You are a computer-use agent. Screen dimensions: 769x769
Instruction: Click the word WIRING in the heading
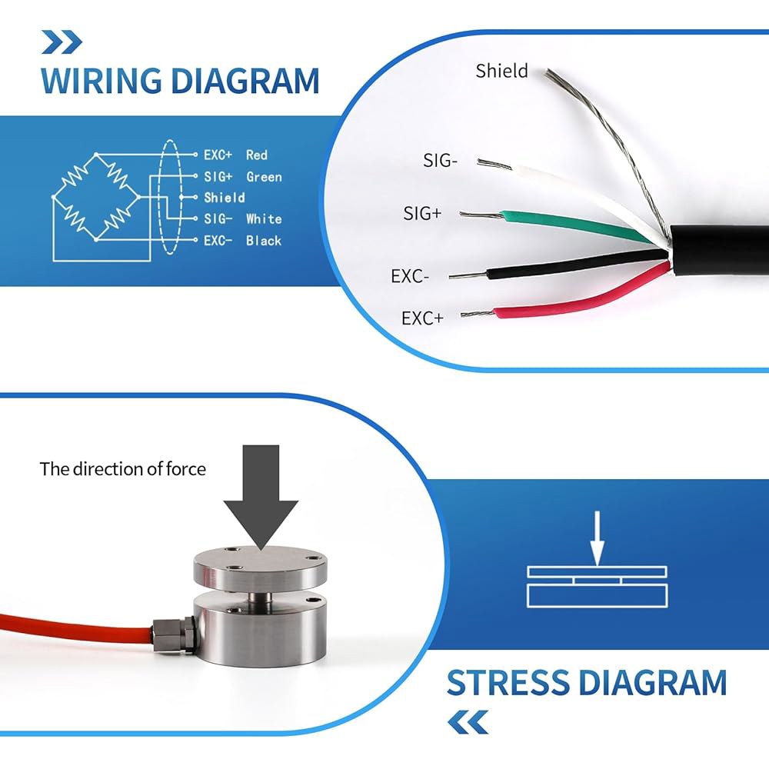pyautogui.click(x=102, y=81)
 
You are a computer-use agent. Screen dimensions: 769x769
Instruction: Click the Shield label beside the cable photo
pyautogui.click(x=501, y=71)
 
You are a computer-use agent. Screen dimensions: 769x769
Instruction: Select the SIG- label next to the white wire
pyautogui.click(x=440, y=161)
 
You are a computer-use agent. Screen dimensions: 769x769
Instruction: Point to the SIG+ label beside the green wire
pyautogui.click(x=422, y=213)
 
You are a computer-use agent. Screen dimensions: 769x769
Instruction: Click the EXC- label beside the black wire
pyautogui.click(x=410, y=276)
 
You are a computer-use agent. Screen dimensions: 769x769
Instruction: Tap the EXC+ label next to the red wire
pyautogui.click(x=421, y=318)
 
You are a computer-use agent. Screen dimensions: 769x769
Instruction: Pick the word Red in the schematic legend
pyautogui.click(x=257, y=155)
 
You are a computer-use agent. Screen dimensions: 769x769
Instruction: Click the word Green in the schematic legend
pyautogui.click(x=264, y=177)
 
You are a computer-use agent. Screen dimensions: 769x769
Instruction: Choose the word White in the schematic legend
pyautogui.click(x=264, y=218)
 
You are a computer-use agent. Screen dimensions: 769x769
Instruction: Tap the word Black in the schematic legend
pyautogui.click(x=264, y=240)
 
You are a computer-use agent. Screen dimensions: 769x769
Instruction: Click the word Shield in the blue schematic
pyautogui.click(x=224, y=198)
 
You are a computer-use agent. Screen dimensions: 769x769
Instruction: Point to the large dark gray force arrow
pyautogui.click(x=261, y=495)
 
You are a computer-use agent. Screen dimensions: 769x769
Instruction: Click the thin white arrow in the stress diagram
pyautogui.click(x=597, y=538)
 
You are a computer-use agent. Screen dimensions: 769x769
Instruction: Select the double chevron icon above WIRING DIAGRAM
pyautogui.click(x=62, y=42)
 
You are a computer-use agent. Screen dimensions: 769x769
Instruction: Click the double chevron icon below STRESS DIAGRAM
pyautogui.click(x=468, y=722)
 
